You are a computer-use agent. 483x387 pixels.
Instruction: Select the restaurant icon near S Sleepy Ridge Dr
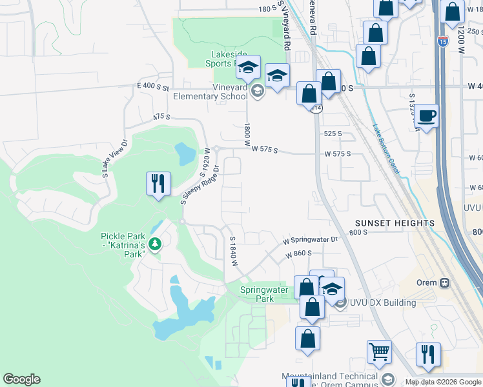click(x=158, y=184)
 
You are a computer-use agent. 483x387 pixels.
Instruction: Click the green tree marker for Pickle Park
click(x=154, y=243)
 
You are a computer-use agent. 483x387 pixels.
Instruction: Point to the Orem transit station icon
click(x=444, y=283)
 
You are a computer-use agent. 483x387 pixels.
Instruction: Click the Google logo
click(x=21, y=379)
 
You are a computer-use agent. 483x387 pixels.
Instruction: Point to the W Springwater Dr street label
click(x=310, y=240)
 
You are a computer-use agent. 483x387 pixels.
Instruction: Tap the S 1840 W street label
click(x=234, y=252)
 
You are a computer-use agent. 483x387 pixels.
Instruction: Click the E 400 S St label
click(x=152, y=86)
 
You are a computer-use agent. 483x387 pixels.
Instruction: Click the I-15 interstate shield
click(x=442, y=42)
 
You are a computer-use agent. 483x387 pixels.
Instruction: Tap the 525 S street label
click(x=333, y=134)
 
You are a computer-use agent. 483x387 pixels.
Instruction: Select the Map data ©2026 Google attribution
click(x=443, y=382)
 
